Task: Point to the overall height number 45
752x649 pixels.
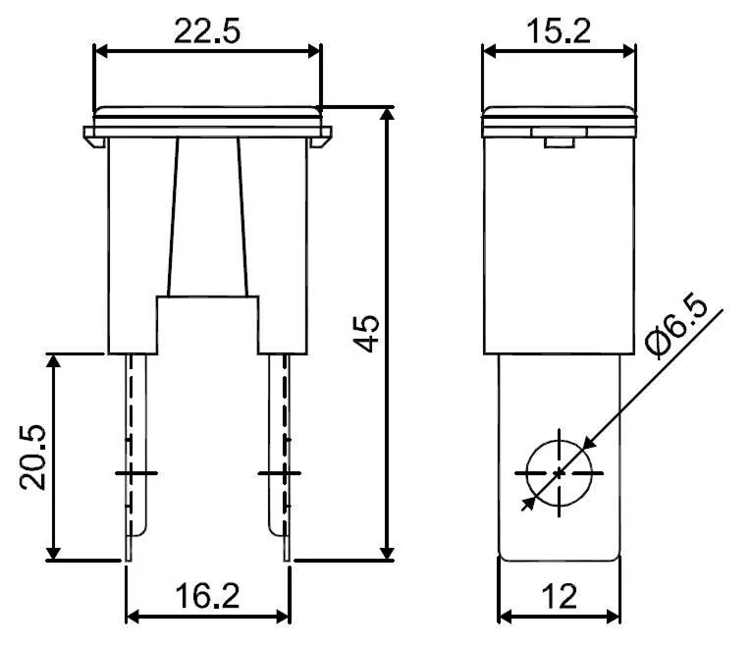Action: coord(366,334)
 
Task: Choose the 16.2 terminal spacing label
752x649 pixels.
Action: coord(208,596)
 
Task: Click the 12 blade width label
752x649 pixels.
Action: coord(560,596)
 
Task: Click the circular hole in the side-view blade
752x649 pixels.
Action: coord(560,472)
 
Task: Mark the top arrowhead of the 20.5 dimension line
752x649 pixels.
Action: coord(56,360)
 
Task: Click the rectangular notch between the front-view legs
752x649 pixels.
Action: coord(208,324)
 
